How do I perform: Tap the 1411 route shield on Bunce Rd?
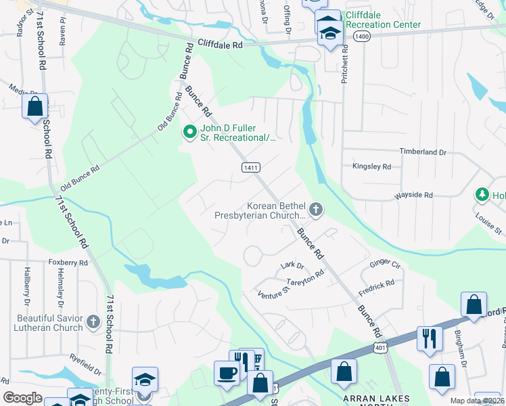248,166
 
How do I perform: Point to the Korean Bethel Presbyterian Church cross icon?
316,210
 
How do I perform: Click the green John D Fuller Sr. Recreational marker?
189,131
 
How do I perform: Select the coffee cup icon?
226,371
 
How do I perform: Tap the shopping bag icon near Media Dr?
34,106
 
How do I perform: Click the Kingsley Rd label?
371,166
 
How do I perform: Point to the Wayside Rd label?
413,195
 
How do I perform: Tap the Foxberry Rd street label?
68,262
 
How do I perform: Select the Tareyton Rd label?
306,277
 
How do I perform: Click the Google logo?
22,397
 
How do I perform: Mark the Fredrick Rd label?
376,286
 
